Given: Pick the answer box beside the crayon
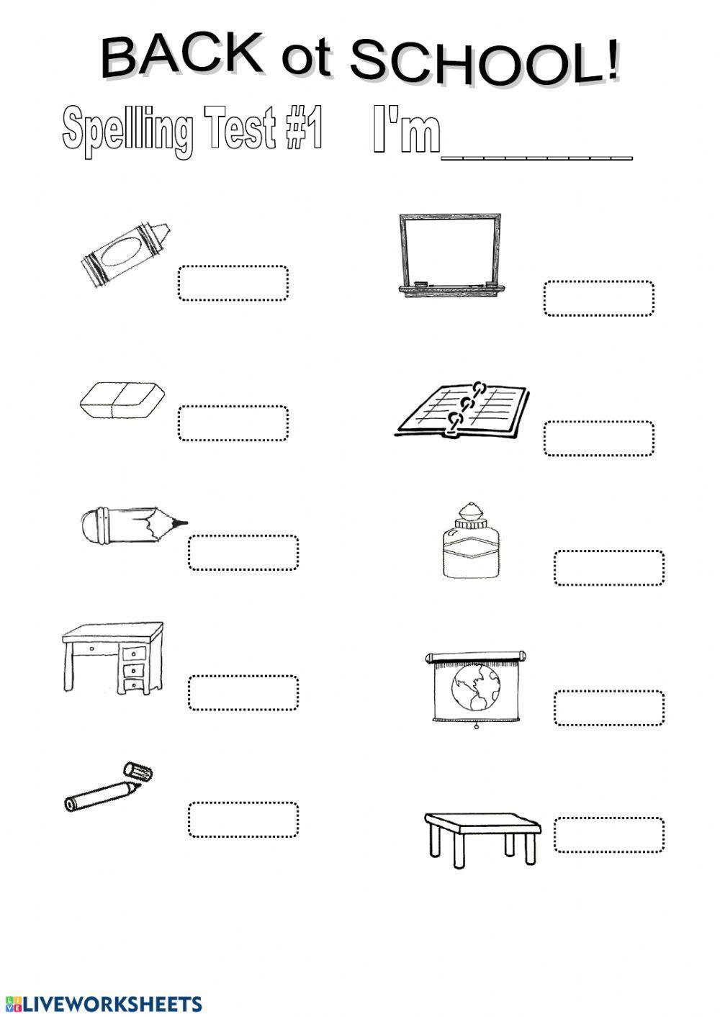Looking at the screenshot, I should click(x=233, y=283).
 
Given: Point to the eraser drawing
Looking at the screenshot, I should click(x=122, y=399).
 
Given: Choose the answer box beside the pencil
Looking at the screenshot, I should click(x=243, y=553).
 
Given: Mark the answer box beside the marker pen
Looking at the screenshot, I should click(x=243, y=820).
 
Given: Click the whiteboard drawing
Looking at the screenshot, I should click(x=450, y=252).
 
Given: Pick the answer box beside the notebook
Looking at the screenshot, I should click(x=598, y=438).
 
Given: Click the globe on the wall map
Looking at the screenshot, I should click(x=475, y=687).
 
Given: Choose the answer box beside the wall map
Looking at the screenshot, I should click(x=608, y=708).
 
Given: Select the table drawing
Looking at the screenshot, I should click(x=481, y=835).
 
